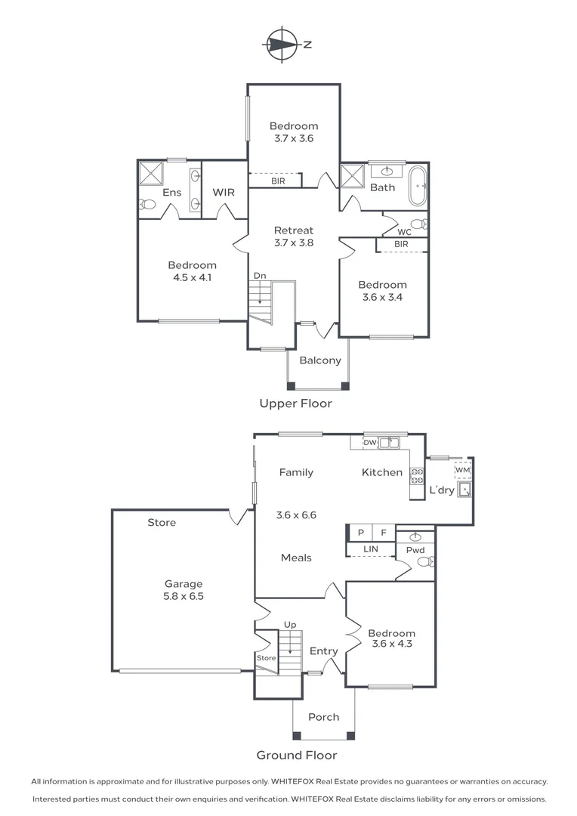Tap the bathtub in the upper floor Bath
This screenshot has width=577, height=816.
[x=418, y=187]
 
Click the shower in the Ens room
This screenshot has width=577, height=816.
[x=150, y=173]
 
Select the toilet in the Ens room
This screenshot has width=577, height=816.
[x=147, y=204]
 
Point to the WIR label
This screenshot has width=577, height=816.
[x=224, y=193]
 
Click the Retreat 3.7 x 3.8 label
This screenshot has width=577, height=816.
[x=293, y=236]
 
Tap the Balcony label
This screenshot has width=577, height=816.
[x=319, y=360]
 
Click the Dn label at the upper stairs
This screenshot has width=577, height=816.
[x=259, y=276]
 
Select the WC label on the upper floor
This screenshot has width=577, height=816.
[x=404, y=232]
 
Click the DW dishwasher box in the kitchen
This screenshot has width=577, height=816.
[x=370, y=443]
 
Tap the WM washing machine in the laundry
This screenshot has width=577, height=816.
[x=462, y=471]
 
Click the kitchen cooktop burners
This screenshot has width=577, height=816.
[x=417, y=476]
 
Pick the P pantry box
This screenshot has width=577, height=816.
[x=360, y=533]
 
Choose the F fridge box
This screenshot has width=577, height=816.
[x=383, y=533]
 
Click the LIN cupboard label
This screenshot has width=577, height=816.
[x=370, y=549]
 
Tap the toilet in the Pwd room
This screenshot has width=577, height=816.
[x=427, y=561]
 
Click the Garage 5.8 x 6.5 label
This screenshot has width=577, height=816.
[x=184, y=589]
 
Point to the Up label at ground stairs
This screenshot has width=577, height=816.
[x=289, y=625]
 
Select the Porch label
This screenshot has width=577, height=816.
[x=323, y=717]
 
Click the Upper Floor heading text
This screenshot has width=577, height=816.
[x=295, y=403]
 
